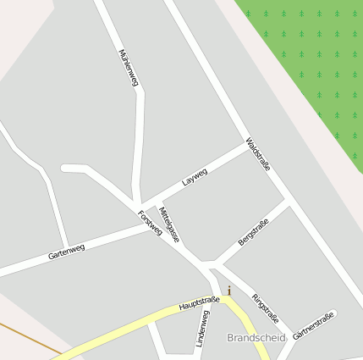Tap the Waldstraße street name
pyautogui.click(x=258, y=154)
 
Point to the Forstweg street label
pyautogui.click(x=150, y=222)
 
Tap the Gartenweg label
pyautogui.click(x=67, y=251)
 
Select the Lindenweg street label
pyautogui.click(x=202, y=328)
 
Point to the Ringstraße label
pyautogui.click(x=266, y=308)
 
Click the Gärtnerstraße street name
pyautogui.click(x=313, y=326)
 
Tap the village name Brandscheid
pyautogui.click(x=257, y=338)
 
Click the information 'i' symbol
pyautogui.click(x=228, y=291)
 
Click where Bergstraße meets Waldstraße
pyautogui.click(x=288, y=203)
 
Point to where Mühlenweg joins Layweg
pyautogui.click(x=137, y=206)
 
